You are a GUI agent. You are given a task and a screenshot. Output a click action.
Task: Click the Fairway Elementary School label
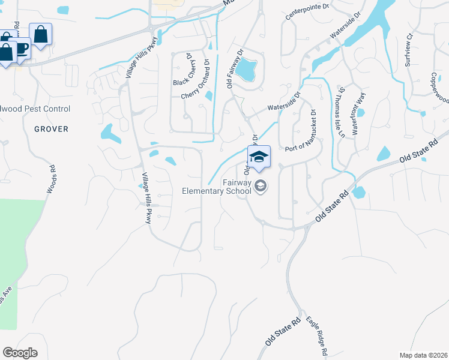[217, 187]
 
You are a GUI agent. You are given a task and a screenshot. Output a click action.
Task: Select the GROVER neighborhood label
[51, 129]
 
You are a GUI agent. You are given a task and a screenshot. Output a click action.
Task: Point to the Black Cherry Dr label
[183, 70]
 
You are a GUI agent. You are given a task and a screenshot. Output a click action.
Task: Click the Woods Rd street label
[52, 179]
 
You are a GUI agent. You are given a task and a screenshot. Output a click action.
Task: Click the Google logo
[20, 353]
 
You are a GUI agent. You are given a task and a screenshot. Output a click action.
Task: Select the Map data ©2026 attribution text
[423, 355]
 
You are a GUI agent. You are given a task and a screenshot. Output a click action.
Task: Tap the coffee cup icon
[22, 48]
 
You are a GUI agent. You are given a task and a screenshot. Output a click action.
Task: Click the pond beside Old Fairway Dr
[246, 71]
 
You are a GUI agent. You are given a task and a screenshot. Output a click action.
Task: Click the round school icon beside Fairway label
[261, 187]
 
